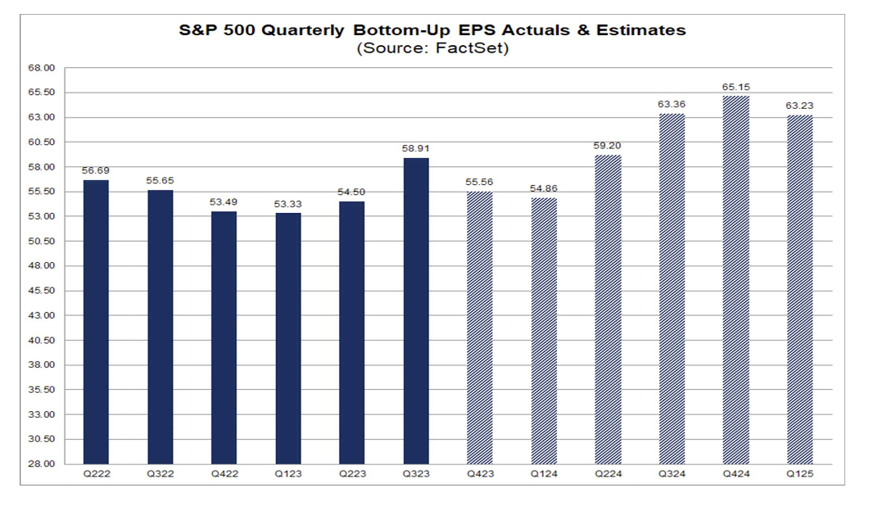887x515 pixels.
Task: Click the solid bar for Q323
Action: click(416, 311)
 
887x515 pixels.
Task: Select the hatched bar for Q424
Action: click(736, 280)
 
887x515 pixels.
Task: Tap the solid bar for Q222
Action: click(96, 323)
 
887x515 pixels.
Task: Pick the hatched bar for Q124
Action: click(544, 331)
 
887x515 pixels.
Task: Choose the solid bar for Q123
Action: click(288, 339)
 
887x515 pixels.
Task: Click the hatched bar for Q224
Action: click(608, 309)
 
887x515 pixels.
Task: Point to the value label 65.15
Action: click(736, 87)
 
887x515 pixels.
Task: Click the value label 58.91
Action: click(416, 149)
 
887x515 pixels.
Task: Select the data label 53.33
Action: click(288, 204)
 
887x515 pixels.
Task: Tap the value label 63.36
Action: click(672, 105)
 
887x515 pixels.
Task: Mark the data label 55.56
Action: click(479, 182)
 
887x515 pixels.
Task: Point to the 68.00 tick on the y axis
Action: click(42, 68)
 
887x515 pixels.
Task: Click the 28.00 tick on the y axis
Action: click(42, 464)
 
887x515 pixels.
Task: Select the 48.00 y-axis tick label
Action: click(42, 266)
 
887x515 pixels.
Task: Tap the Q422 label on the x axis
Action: click(224, 474)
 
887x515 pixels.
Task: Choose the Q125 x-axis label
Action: click(800, 474)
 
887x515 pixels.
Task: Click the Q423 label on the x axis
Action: click(480, 474)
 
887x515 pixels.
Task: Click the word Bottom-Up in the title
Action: click(401, 30)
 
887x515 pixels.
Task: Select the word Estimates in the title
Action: click(641, 30)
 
